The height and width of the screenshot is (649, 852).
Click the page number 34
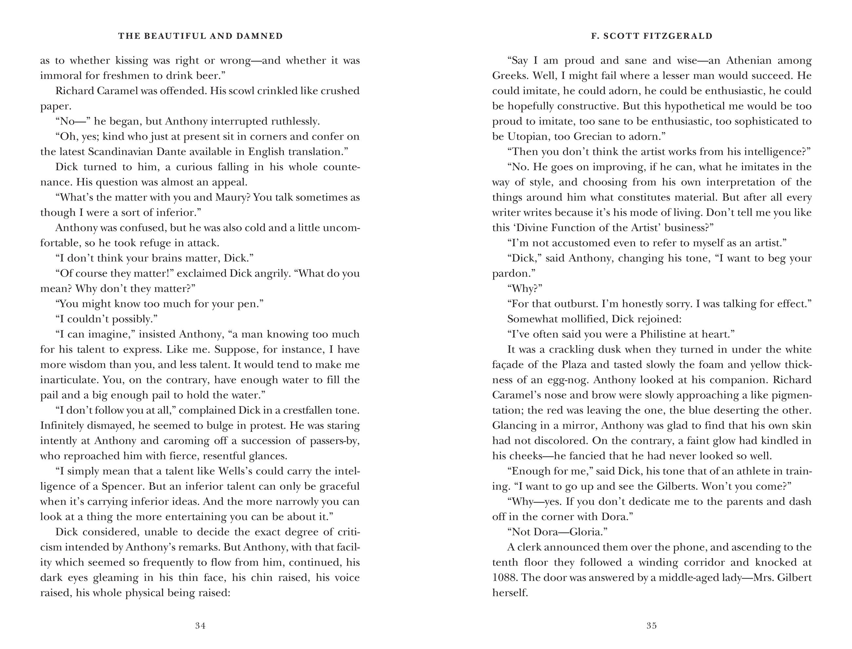click(200, 625)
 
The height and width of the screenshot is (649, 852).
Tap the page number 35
click(651, 625)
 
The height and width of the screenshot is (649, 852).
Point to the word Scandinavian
click(120, 151)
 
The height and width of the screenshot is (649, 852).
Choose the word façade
click(507, 365)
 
